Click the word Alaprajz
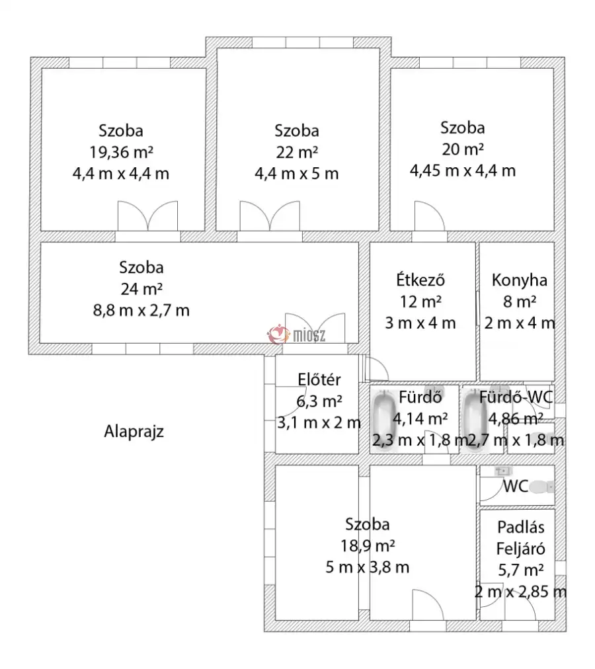coord(134,432)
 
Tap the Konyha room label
coord(519,280)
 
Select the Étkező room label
coord(420,280)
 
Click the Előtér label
coord(319,379)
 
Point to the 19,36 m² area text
coord(121,152)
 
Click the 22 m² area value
coord(297,152)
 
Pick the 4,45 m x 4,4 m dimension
coord(463,171)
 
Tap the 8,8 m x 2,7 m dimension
coord(141,310)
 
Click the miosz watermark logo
coord(296,334)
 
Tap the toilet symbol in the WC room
coord(543,487)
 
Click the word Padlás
coord(521,528)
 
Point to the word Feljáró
coord(521,549)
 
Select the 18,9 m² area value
coord(368,545)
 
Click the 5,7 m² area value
coord(521,570)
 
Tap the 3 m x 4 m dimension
coord(420,323)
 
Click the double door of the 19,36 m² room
coord(147,216)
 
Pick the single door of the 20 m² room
coord(430,216)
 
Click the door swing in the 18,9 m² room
coord(428,605)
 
